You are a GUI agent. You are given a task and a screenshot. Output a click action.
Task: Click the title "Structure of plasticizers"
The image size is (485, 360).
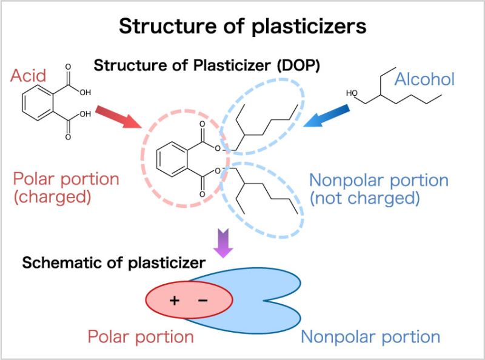point(242,25)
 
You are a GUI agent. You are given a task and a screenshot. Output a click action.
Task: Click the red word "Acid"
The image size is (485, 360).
point(28,77)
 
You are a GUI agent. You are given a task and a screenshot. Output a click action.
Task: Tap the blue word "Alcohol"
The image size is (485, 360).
point(424,79)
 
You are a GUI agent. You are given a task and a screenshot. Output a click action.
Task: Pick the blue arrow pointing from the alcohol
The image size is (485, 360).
point(327,116)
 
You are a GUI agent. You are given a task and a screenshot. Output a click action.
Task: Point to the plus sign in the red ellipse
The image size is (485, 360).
point(175,300)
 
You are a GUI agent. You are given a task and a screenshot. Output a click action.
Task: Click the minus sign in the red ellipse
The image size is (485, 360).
point(202,300)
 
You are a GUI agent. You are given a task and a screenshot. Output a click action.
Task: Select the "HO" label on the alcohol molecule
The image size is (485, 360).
point(352,93)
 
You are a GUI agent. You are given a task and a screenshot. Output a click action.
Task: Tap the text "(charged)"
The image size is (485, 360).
point(51,197)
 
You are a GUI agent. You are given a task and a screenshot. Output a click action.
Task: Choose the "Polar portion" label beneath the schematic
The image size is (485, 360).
point(141,337)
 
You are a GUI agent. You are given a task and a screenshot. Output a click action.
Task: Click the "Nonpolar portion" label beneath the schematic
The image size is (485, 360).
point(370,337)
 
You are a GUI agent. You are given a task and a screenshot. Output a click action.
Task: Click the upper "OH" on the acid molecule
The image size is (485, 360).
point(84,93)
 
